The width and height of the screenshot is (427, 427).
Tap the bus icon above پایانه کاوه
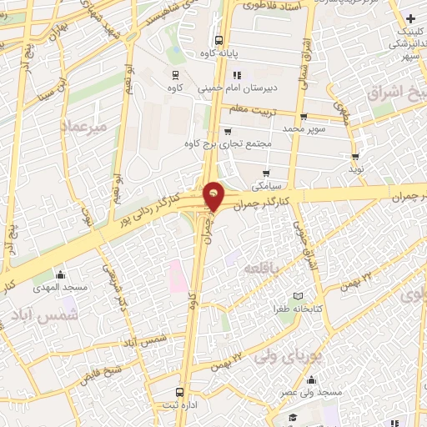point(219,39)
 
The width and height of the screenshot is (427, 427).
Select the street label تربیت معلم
point(252,108)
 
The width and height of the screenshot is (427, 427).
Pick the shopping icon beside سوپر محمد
point(303,117)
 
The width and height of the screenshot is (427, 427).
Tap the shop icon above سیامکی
point(266,174)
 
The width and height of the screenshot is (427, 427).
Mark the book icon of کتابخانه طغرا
point(298,297)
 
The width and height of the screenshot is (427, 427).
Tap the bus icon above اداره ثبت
point(179,391)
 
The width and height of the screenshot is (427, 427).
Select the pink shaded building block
point(178,276)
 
